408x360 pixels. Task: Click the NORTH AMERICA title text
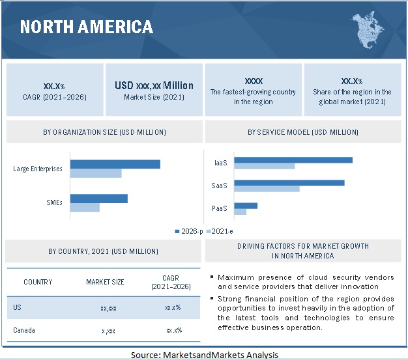point(87,27)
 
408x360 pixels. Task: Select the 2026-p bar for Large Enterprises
point(115,164)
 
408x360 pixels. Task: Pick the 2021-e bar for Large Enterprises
point(96,173)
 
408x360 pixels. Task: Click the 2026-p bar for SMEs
point(98,199)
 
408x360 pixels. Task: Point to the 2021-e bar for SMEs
point(85,208)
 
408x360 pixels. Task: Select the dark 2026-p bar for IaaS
point(293,159)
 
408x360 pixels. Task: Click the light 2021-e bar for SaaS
point(267,189)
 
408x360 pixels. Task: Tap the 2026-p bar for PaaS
point(246,206)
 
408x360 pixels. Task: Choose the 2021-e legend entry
point(219,231)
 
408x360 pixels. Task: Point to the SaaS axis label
point(219,186)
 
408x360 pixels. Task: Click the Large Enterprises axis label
point(38,169)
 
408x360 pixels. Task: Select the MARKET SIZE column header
point(105,282)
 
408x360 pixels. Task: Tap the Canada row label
point(23,330)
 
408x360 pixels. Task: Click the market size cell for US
point(108,307)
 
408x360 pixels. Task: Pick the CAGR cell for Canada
point(173,330)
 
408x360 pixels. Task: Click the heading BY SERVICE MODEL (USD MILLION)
point(303,132)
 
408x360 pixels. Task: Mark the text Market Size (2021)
point(154,97)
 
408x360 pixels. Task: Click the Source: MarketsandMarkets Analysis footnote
point(204,355)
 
